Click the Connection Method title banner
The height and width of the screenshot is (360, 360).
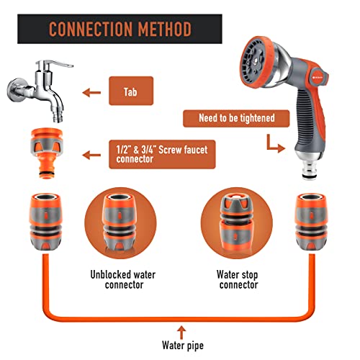(x=119, y=30)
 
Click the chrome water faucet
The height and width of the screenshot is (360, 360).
(x=35, y=91)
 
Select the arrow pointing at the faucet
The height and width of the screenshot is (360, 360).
(x=90, y=92)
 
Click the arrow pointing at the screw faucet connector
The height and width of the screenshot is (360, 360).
(x=90, y=153)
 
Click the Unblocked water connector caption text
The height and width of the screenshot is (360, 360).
(x=122, y=280)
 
